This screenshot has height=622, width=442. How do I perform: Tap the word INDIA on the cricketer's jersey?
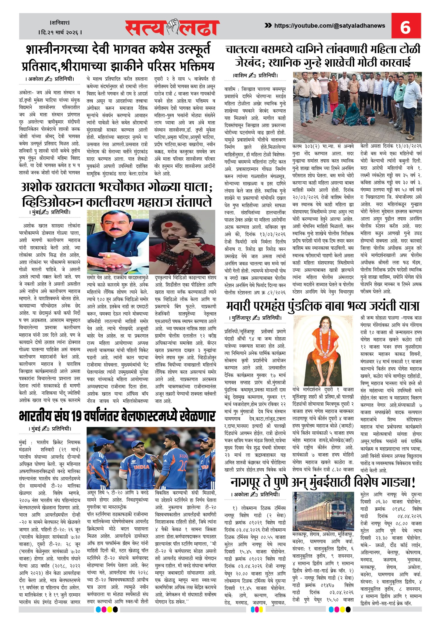[x=141, y=467]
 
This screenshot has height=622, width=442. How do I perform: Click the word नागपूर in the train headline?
[x=246, y=482]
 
